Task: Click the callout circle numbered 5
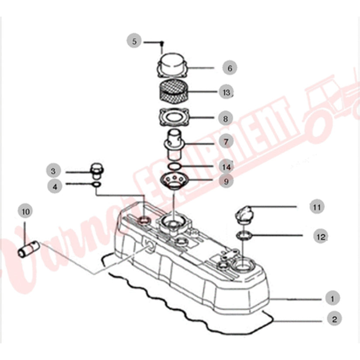pos(134,42)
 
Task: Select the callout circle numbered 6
pos(230,68)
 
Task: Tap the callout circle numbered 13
pos(226,92)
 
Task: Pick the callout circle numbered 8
pos(226,118)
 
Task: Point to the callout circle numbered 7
pos(226,142)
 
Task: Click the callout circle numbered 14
pos(226,167)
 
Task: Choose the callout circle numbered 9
pos(226,182)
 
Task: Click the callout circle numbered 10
pos(25,212)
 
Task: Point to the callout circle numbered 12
pos(320,236)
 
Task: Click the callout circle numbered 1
pos(333,299)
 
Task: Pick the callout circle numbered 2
pos(334,319)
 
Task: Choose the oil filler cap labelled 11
pos(244,213)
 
